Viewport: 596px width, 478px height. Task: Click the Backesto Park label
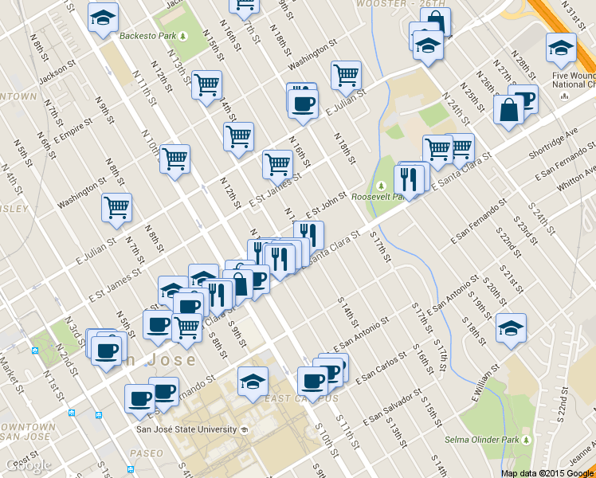[147, 36]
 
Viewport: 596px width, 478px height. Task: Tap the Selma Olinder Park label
[480, 440]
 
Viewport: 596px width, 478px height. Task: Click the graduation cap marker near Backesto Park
[102, 19]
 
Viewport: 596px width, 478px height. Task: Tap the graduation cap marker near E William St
[511, 327]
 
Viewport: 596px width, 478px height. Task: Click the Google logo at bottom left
[28, 465]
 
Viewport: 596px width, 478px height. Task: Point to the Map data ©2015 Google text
[547, 473]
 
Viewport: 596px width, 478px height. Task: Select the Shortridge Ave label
[555, 139]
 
